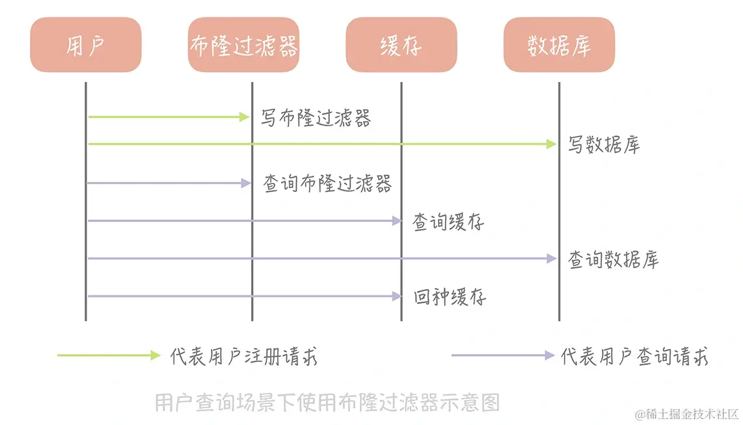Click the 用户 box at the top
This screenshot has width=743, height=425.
pyautogui.click(x=85, y=45)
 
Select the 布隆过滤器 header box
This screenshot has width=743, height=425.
pyautogui.click(x=243, y=45)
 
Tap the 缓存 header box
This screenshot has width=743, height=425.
pyautogui.click(x=401, y=45)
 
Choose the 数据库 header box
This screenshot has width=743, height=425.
pyautogui.click(x=559, y=45)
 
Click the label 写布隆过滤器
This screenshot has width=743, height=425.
pyautogui.click(x=316, y=118)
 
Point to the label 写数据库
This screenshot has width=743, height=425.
pyautogui.click(x=604, y=144)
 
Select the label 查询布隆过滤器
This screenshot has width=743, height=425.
pyautogui.click(x=327, y=184)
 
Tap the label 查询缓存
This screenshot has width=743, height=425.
pyautogui.click(x=448, y=222)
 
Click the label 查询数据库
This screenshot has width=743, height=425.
pyautogui.click(x=614, y=260)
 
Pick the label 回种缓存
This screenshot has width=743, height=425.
pyautogui.click(x=450, y=297)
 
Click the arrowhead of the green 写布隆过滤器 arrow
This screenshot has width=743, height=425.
pyautogui.click(x=245, y=117)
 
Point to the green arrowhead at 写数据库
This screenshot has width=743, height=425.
pyautogui.click(x=552, y=144)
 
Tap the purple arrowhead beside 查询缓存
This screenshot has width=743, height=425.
pyautogui.click(x=396, y=221)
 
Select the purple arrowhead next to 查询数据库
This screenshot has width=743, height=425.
pyautogui.click(x=552, y=259)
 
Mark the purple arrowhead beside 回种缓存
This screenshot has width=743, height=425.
pyautogui.click(x=396, y=297)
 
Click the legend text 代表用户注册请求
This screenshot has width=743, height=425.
pyautogui.click(x=244, y=356)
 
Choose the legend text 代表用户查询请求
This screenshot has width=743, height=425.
pyautogui.click(x=634, y=356)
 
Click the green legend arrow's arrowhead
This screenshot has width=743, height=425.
pyautogui.click(x=155, y=355)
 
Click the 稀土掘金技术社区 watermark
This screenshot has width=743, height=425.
pyautogui.click(x=689, y=414)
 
